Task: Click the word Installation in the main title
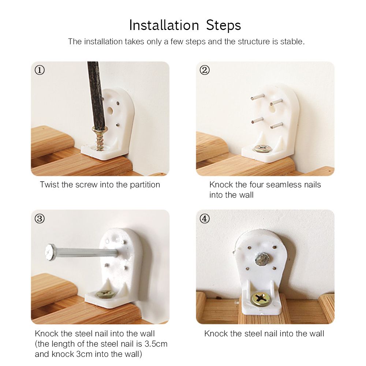[x=164, y=25]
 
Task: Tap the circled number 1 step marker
[x=40, y=70]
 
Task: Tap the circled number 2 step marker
[x=205, y=70]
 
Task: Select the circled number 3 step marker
[x=40, y=219]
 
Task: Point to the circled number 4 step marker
[x=205, y=219]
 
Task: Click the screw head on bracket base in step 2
[x=262, y=148]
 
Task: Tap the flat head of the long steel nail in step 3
[x=50, y=252]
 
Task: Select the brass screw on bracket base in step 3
[x=105, y=294]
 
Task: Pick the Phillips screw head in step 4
[x=261, y=299]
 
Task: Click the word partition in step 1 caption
[x=145, y=185]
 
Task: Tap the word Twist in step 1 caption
[x=49, y=184]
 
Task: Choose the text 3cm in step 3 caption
[x=85, y=354]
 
